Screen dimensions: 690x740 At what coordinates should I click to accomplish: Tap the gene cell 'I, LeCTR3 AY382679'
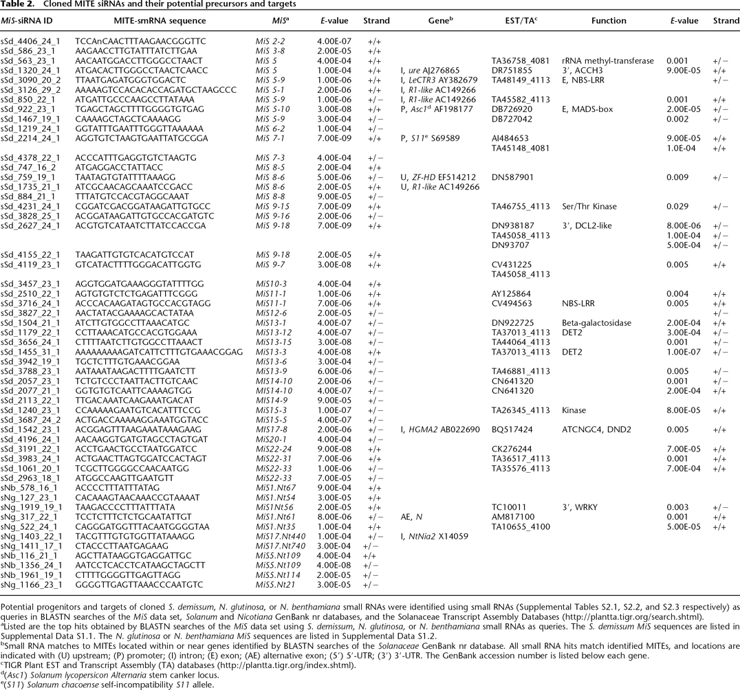438,80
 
